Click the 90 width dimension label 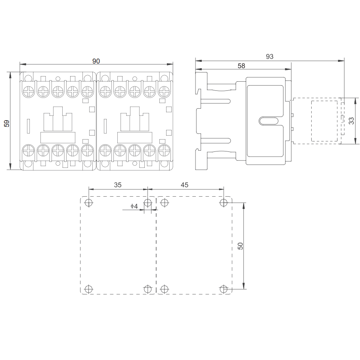click(96, 61)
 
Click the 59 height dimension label click(7, 123)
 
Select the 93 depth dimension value click(270, 56)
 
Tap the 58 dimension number click(241, 66)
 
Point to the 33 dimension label click(351, 121)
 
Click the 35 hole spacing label click(118, 185)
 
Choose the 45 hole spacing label click(184, 185)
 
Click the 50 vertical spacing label click(240, 246)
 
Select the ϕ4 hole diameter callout click(134, 206)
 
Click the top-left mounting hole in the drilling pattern click(89, 203)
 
